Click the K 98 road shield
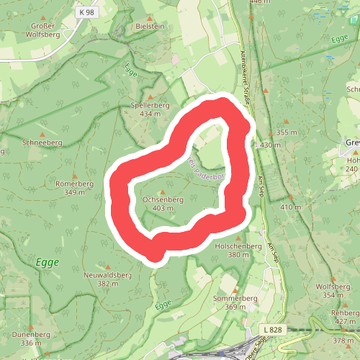(x=88, y=12)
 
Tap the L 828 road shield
(x=272, y=329)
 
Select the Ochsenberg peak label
(x=163, y=199)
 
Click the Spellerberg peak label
(x=150, y=105)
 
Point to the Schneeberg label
(x=42, y=143)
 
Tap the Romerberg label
(x=75, y=184)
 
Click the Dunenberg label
(x=31, y=334)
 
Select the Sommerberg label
(x=235, y=298)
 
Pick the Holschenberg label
(x=238, y=246)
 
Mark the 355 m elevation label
(x=287, y=132)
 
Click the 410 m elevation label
(x=291, y=207)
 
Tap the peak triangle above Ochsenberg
(x=163, y=190)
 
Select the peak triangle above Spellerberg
(x=150, y=96)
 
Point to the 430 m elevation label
(x=270, y=145)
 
